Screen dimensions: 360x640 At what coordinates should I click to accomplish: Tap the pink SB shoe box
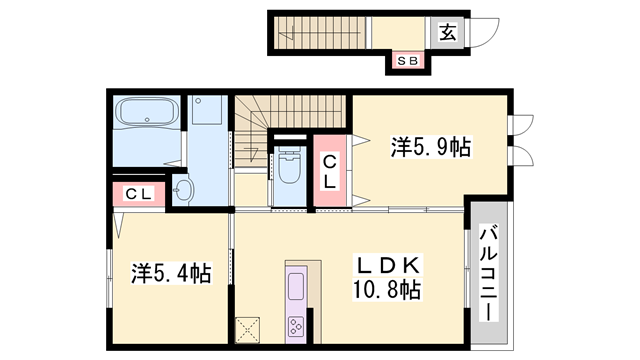pyautogui.click(x=407, y=62)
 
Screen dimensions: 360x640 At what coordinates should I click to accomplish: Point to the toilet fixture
pyautogui.click(x=288, y=167)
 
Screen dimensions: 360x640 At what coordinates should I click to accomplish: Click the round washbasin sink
pyautogui.click(x=183, y=189)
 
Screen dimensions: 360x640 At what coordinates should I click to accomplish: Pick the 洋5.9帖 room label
pyautogui.click(x=429, y=148)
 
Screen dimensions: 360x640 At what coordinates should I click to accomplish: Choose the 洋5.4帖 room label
pyautogui.click(x=170, y=272)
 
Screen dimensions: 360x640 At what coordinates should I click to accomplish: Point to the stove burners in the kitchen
pyautogui.click(x=298, y=325)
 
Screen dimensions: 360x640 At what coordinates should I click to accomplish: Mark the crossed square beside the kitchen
pyautogui.click(x=247, y=329)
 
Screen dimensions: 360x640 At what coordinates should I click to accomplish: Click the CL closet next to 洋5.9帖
pyautogui.click(x=328, y=172)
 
